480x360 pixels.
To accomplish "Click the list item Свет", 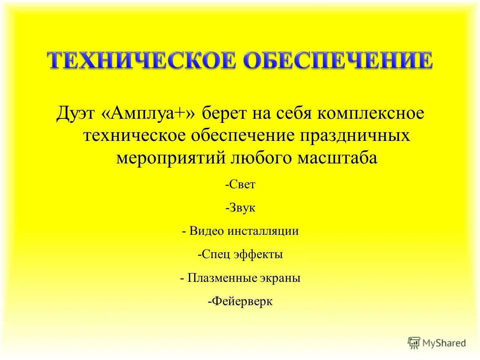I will click(241, 185).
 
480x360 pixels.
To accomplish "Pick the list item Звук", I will click(241, 208).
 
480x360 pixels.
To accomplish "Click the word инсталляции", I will click(263, 231).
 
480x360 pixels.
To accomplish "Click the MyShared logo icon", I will click(414, 342).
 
